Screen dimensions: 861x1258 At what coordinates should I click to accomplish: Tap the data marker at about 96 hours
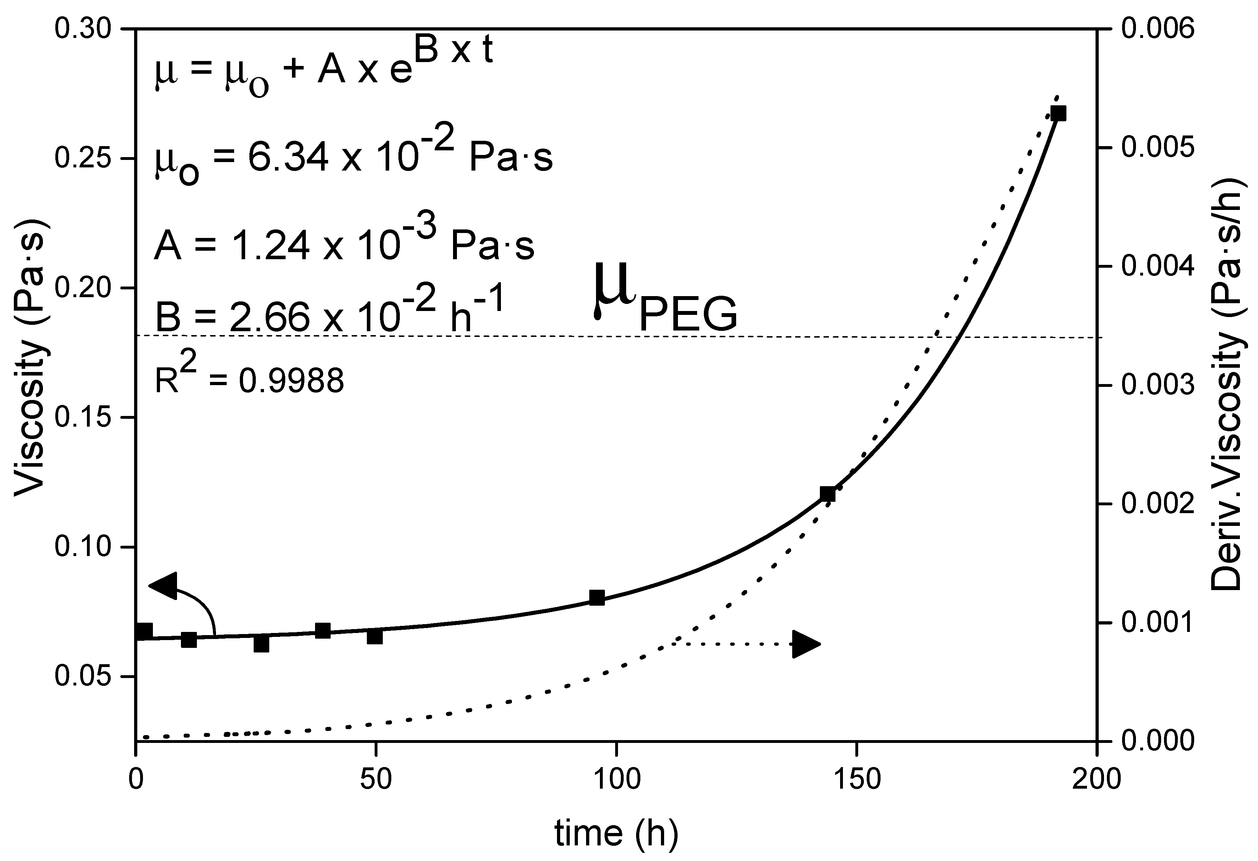pyautogui.click(x=596, y=598)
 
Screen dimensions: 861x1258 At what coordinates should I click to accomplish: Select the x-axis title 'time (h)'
pyautogui.click(x=616, y=833)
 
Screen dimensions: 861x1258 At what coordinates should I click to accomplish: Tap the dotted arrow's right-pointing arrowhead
pyautogui.click(x=805, y=644)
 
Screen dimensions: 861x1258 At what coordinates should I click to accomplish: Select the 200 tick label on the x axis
pyautogui.click(x=1096, y=779)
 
